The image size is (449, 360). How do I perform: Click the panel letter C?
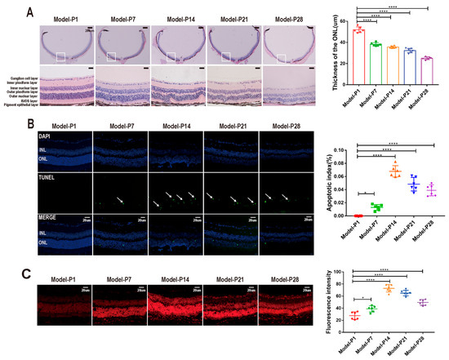pyautogui.click(x=29, y=266)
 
